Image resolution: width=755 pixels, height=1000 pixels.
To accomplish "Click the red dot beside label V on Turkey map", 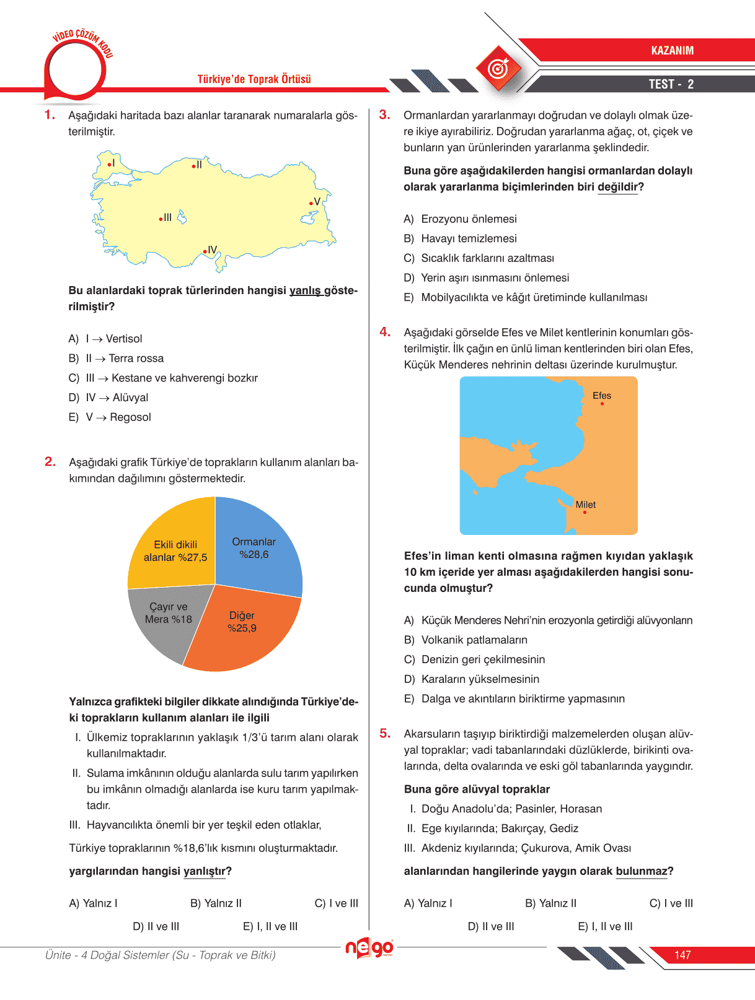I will tap(311, 203).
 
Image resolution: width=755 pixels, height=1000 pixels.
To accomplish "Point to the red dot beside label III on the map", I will tap(161, 219).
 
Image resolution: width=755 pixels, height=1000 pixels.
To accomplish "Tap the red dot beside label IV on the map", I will tap(205, 251).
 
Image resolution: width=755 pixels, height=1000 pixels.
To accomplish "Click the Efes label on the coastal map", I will tap(601, 396).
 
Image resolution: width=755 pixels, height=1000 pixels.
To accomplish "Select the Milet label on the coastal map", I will tap(585, 505).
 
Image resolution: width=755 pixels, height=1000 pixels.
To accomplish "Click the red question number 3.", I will tap(384, 115).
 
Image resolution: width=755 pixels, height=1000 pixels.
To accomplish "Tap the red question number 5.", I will tap(385, 733).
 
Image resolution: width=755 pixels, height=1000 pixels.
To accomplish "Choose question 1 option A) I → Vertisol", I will tap(105, 339).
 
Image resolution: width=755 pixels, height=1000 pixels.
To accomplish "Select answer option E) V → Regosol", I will tap(110, 417).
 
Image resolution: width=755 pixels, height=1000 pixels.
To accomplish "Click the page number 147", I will tap(682, 955).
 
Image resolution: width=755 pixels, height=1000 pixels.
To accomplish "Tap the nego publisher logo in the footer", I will tap(369, 947).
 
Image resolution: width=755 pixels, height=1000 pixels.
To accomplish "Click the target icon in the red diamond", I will tap(498, 68).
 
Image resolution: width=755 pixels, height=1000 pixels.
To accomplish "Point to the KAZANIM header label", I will tap(672, 51).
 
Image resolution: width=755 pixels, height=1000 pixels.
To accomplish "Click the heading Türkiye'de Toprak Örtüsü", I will tap(254, 79).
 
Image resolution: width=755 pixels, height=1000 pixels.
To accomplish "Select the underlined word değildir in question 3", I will tap(617, 187).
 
